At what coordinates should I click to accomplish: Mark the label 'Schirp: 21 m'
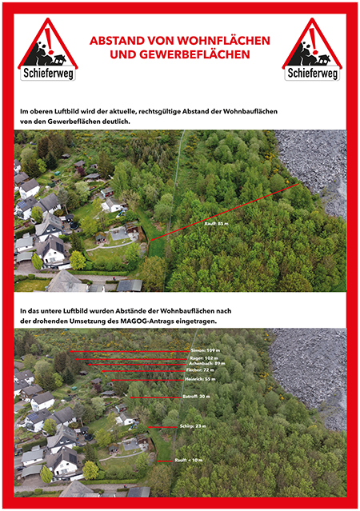[x=192, y=426]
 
